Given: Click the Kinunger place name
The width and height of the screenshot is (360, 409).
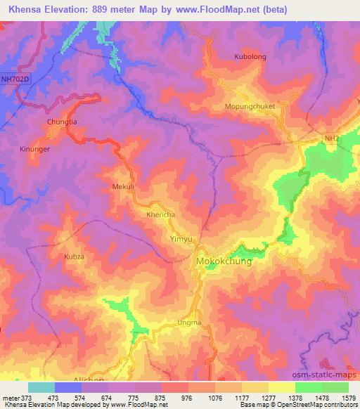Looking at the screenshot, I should pyautogui.click(x=36, y=149).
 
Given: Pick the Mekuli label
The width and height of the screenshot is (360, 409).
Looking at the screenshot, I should pyautogui.click(x=123, y=186).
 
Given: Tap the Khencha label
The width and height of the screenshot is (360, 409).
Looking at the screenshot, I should pyautogui.click(x=160, y=214).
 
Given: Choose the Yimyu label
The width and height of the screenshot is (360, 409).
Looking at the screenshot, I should pyautogui.click(x=182, y=240).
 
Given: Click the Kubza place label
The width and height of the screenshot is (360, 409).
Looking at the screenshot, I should pyautogui.click(x=74, y=257).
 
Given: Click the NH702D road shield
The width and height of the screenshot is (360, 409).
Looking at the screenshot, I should pyautogui.click(x=16, y=79).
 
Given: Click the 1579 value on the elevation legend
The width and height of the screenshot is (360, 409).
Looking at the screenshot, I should pyautogui.click(x=348, y=398).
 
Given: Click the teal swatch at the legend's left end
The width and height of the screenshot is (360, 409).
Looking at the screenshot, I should pyautogui.click(x=41, y=387).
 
